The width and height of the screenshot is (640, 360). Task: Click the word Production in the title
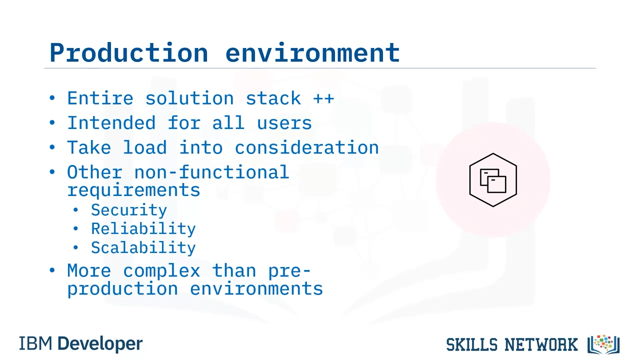tap(128, 52)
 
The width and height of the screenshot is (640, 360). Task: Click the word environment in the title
tap(312, 52)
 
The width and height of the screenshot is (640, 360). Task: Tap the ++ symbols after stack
tap(323, 98)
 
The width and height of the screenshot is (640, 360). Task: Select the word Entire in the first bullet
tap(100, 98)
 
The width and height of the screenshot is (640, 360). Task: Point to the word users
tap(284, 123)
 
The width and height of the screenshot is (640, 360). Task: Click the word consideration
tap(307, 147)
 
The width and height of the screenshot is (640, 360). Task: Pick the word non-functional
tap(211, 171)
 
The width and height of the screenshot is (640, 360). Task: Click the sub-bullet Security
tap(129, 210)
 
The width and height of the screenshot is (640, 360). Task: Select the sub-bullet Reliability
tap(143, 228)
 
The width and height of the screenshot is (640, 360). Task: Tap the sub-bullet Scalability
tap(143, 247)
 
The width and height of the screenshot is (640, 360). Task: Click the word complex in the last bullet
tap(161, 271)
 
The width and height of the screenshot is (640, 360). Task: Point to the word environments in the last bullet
tap(256, 288)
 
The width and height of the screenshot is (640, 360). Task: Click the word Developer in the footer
tap(100, 344)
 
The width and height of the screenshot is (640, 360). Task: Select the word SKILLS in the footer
tap(471, 344)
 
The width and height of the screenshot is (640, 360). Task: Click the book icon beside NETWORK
tap(603, 344)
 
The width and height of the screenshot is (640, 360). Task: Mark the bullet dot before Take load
tap(52, 147)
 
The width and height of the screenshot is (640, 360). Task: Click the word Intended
tap(111, 123)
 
